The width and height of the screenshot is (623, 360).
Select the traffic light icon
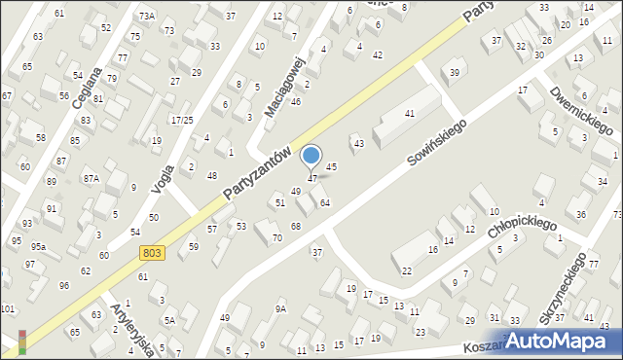(x=22, y=341)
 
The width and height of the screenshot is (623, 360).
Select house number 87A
(x=91, y=179)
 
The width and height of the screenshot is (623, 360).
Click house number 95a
(x=38, y=248)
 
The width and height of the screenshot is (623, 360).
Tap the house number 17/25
(x=182, y=120)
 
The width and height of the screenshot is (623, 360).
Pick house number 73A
(x=146, y=17)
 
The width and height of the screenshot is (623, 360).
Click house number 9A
(x=280, y=308)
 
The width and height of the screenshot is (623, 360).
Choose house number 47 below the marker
(x=312, y=179)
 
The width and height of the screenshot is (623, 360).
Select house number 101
(x=8, y=309)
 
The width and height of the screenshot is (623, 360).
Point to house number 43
(x=358, y=144)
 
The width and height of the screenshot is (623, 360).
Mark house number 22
(x=406, y=270)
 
